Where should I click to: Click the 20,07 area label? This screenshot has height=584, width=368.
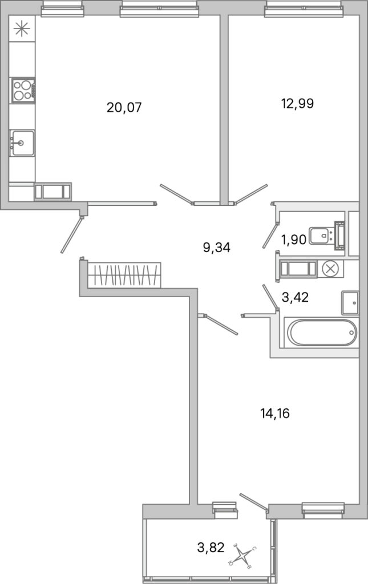(x=124, y=108)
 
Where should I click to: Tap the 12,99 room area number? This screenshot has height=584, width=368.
(x=297, y=103)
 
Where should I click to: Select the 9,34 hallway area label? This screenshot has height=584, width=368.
(x=216, y=248)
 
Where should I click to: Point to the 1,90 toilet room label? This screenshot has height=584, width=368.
(x=293, y=240)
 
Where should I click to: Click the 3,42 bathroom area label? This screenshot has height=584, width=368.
(x=295, y=297)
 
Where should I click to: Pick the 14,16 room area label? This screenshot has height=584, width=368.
(x=275, y=413)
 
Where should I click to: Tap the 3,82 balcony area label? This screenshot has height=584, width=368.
(x=211, y=547)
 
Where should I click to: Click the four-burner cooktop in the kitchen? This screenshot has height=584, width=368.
(x=23, y=90)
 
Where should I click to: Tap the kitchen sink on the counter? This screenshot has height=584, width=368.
(x=22, y=143)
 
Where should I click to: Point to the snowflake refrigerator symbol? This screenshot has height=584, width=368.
(x=22, y=29)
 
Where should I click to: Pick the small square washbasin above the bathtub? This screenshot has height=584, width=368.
(x=350, y=303)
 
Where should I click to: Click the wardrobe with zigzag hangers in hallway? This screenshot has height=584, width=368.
(x=124, y=275)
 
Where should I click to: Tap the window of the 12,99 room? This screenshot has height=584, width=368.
(x=303, y=8)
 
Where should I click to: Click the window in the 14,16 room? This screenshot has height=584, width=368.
(x=323, y=509)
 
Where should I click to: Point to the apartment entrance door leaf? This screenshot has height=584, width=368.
(x=71, y=235)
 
